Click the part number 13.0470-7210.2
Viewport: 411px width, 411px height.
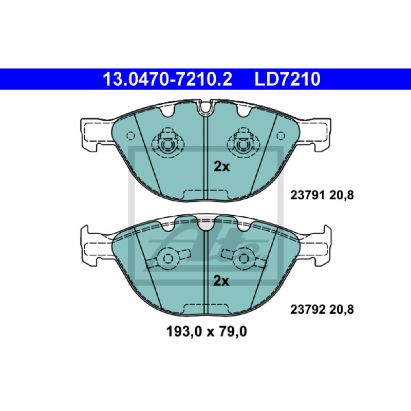point(167,79)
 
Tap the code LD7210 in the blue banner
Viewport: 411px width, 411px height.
point(288,79)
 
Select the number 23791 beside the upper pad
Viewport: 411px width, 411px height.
point(308,195)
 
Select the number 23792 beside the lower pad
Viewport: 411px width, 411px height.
point(308,310)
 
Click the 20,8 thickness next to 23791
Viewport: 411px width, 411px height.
point(342,196)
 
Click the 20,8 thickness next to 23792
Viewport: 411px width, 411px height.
point(342,310)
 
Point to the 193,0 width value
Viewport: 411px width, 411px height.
point(184,332)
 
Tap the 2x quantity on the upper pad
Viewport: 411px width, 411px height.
point(221,166)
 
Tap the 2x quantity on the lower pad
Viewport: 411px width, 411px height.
point(221,281)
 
